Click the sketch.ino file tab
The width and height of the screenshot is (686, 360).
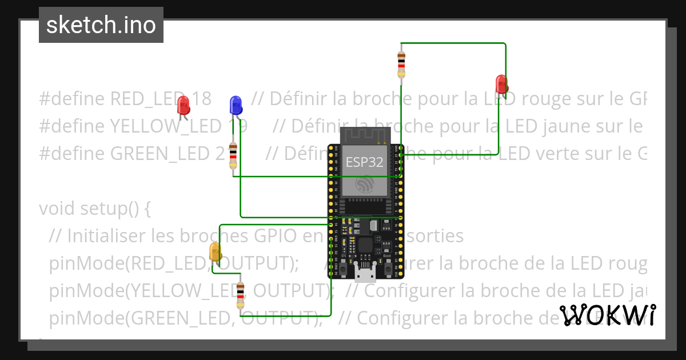(x=101, y=25)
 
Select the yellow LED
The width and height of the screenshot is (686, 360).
(x=215, y=252)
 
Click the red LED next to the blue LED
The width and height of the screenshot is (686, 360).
(x=184, y=105)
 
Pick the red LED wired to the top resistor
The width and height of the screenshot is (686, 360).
(x=501, y=83)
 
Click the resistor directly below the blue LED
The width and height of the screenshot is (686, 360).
(x=233, y=156)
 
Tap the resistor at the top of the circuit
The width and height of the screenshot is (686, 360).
(x=401, y=62)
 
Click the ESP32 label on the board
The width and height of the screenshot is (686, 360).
(x=364, y=162)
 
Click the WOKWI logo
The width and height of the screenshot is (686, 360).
(x=607, y=315)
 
